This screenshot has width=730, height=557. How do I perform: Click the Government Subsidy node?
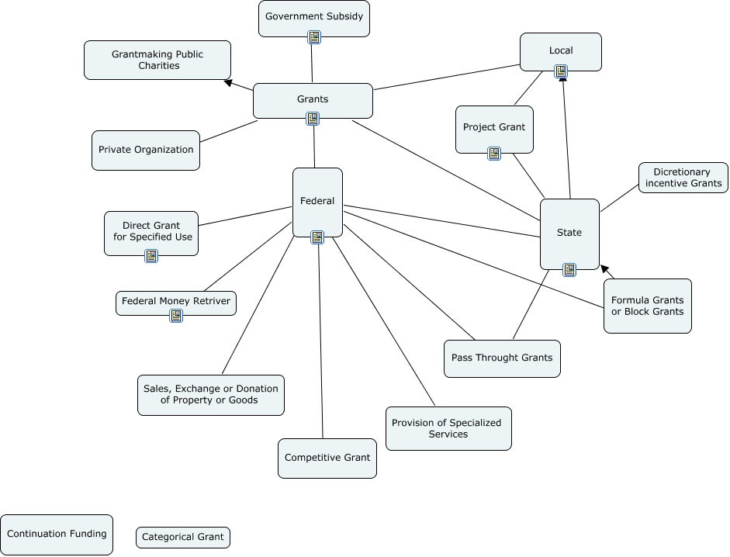tap(313, 17)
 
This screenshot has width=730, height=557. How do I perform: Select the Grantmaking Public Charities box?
tap(157, 60)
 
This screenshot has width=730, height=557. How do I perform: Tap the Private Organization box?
tap(146, 150)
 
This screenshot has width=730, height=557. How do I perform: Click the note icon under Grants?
tap(313, 119)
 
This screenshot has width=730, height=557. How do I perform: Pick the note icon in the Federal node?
tap(317, 237)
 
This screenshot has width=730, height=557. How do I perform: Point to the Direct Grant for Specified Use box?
tap(151, 231)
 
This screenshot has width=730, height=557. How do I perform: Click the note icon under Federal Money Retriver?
tap(176, 316)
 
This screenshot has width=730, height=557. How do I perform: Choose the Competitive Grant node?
tap(327, 458)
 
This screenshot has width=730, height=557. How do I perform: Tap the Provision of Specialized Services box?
tap(448, 428)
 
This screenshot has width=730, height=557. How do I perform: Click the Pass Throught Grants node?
tap(502, 358)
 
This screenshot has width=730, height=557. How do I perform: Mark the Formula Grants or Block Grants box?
tap(648, 306)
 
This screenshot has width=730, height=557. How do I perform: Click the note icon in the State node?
tap(569, 270)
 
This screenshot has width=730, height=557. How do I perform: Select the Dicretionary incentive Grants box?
tap(683, 178)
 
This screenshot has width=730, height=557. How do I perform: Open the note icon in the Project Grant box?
tap(494, 154)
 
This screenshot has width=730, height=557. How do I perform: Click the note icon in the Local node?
tap(561, 71)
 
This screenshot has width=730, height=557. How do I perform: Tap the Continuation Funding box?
tap(57, 535)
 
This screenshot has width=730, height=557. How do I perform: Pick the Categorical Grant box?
tap(183, 537)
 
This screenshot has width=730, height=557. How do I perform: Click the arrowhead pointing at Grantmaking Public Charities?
tap(227, 81)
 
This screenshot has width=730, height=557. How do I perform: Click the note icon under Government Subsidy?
tap(314, 37)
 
